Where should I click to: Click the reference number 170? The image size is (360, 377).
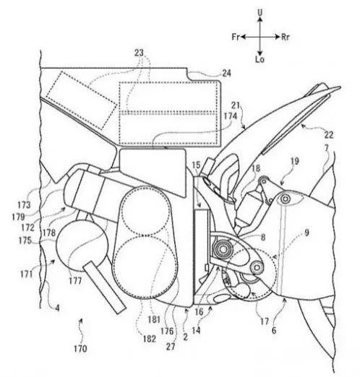tap(80, 348)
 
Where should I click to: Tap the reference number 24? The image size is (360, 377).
tap(226, 73)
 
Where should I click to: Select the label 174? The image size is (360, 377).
tap(231, 116)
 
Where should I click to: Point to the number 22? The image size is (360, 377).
tap(329, 135)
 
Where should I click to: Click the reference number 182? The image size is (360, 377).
tap(149, 339)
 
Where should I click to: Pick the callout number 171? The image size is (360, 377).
tap(26, 274)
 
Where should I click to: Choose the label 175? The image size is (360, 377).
tap(25, 240)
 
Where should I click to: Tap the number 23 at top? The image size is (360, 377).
tap(139, 53)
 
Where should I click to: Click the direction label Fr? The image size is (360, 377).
tap(236, 37)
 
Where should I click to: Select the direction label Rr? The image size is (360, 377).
tap(286, 38)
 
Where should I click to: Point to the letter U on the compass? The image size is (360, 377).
tap(260, 13)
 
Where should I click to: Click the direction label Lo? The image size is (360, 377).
tap(260, 59)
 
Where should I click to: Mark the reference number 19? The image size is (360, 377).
tap(295, 161)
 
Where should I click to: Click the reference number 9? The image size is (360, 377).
tap(307, 233)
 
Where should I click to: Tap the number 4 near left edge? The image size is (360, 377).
tap(58, 308)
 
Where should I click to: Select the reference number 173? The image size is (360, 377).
tap(24, 205)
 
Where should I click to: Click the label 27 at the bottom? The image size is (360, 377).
tap(171, 347)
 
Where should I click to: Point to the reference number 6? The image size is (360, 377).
tap(274, 331)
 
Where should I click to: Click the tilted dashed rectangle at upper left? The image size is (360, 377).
tap(82, 100)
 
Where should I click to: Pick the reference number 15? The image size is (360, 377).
tap(196, 165)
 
